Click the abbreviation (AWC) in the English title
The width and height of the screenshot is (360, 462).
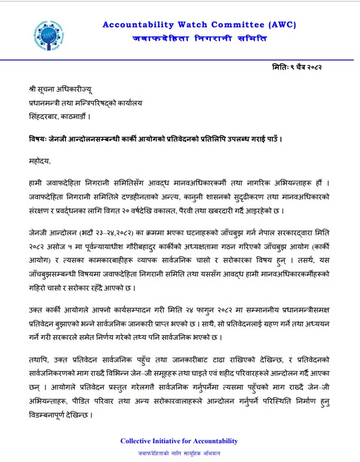[x=281, y=25]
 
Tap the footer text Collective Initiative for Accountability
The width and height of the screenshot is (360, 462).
[x=179, y=441]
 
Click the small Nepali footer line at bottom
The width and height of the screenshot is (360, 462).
[x=179, y=453]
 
